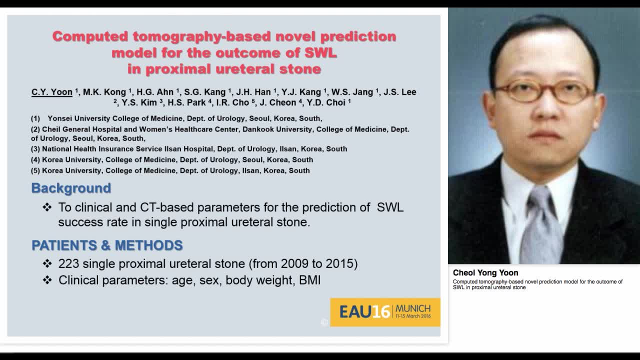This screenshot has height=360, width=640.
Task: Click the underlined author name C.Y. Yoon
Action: (x=52, y=92)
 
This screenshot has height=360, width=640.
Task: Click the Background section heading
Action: (x=71, y=188)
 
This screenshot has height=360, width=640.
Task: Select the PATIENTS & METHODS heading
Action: (x=107, y=245)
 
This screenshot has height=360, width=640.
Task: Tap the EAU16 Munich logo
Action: (x=385, y=312)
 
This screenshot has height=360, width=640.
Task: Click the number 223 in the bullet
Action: (x=69, y=263)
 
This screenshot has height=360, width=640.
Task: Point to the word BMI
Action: (x=309, y=280)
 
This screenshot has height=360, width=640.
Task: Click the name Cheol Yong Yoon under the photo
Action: (x=485, y=273)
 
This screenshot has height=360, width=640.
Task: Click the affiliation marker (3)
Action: (x=35, y=149)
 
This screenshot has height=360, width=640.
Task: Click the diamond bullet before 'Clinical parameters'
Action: (x=47, y=280)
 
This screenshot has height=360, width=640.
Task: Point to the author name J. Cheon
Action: (x=278, y=102)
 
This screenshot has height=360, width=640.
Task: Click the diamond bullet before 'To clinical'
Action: (x=47, y=207)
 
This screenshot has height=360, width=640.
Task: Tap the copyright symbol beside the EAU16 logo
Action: (x=324, y=322)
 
